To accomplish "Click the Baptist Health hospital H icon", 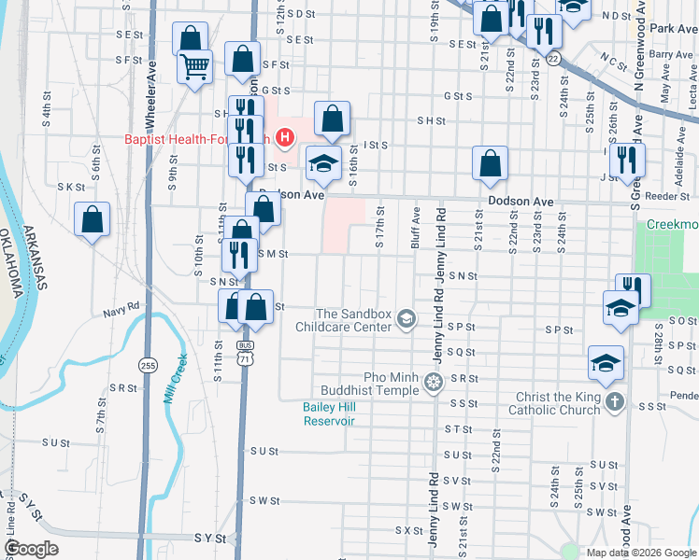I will [x=286, y=140].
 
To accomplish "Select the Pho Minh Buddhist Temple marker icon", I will [x=432, y=381].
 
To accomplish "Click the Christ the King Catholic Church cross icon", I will [x=614, y=402].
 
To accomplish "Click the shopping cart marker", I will [x=195, y=65].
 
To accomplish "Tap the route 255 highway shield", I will [x=147, y=364].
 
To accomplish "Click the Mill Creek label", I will [x=176, y=378].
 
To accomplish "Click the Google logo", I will [x=32, y=549].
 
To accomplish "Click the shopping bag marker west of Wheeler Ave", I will [x=92, y=220].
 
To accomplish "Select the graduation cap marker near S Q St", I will [x=606, y=362].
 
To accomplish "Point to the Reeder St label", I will [x=673, y=197].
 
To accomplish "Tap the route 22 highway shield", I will [x=554, y=59].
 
